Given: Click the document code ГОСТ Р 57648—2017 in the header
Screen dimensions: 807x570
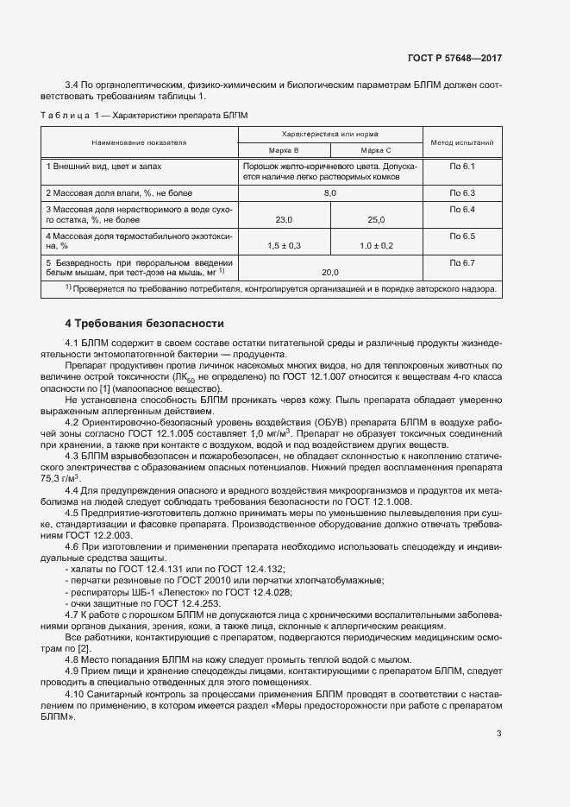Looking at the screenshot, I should (454, 58).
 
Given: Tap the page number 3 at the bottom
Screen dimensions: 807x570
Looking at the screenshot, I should (498, 734).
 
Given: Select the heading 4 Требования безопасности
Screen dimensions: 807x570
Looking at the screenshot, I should (144, 324).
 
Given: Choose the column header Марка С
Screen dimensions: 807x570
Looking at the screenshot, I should (376, 149).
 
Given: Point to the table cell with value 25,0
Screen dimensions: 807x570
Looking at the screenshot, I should (376, 220).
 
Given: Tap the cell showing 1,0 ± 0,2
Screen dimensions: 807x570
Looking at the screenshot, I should (376, 246).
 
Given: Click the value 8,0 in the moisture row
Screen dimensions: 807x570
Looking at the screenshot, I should (329, 192).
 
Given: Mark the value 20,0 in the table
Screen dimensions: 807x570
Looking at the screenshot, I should (329, 272).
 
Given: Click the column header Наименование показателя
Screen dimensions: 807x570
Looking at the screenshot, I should (139, 142).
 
